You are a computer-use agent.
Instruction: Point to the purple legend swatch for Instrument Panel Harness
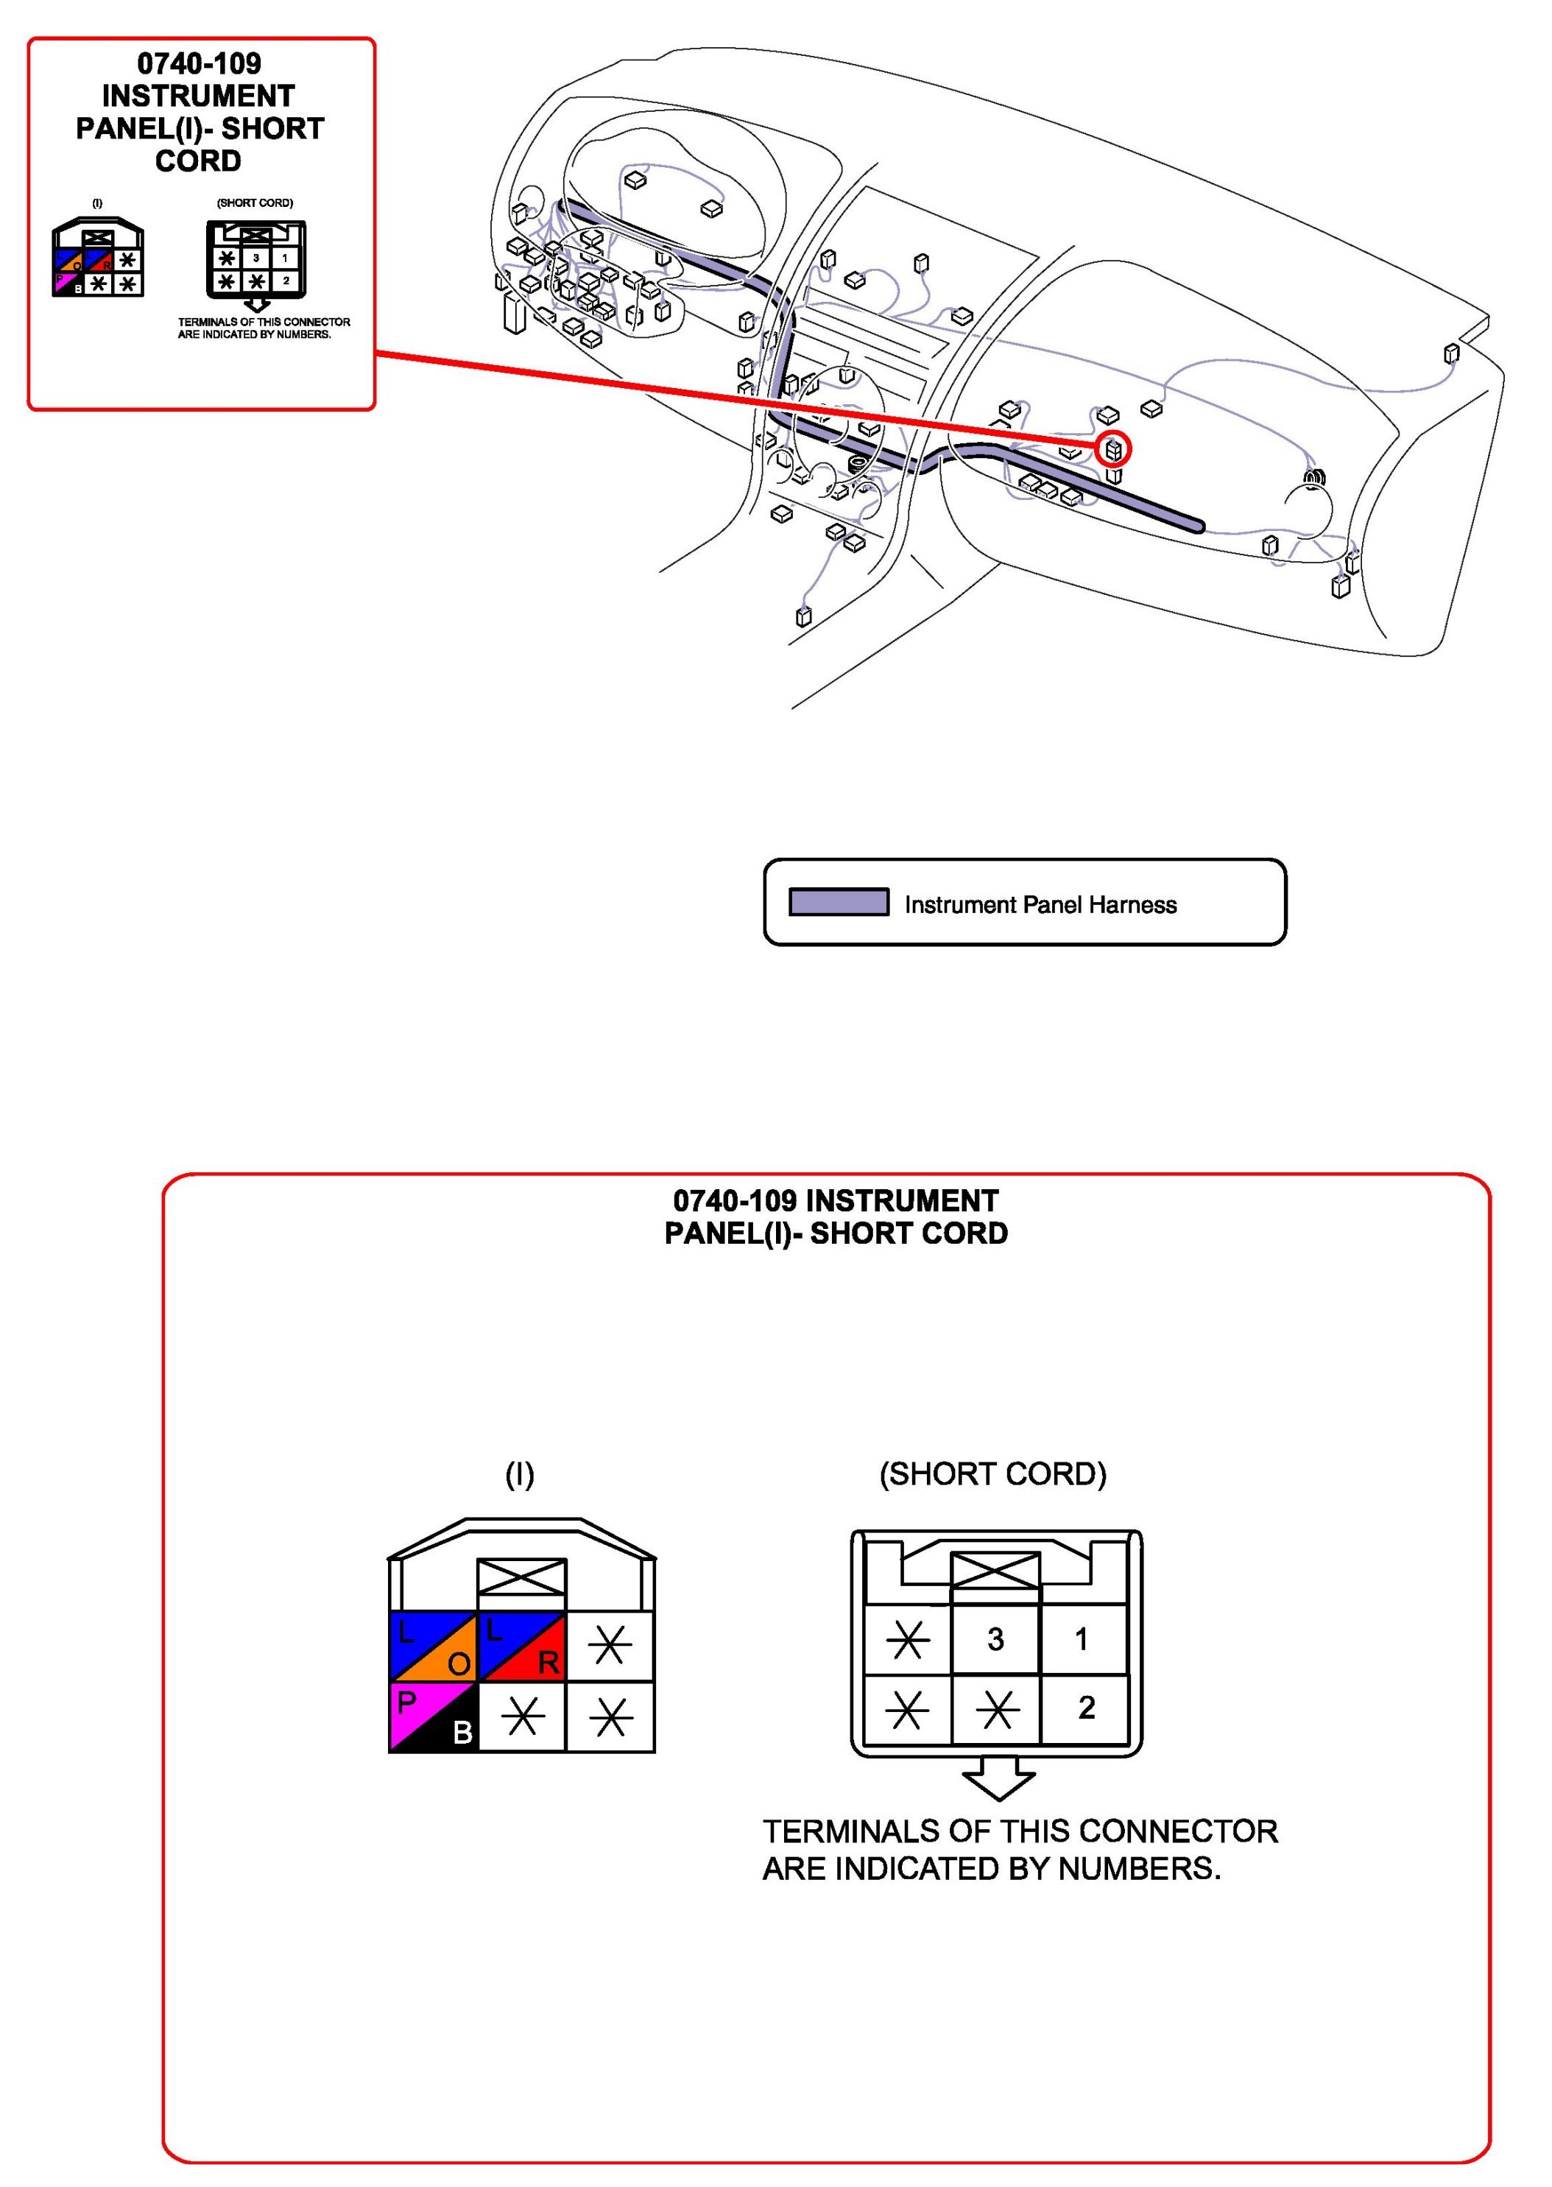click(x=838, y=902)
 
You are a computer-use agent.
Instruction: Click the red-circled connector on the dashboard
click(x=1113, y=448)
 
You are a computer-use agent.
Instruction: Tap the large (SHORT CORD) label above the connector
click(x=993, y=1474)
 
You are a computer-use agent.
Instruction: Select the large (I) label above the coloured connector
click(x=520, y=1474)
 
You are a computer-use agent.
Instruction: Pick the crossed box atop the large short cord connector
click(x=996, y=1571)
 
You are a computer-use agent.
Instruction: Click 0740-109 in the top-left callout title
click(x=199, y=64)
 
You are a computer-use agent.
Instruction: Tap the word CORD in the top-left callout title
click(x=199, y=161)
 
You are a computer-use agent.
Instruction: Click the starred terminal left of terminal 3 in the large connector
click(x=907, y=1641)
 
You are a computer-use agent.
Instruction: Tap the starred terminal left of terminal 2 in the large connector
click(x=997, y=1709)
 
